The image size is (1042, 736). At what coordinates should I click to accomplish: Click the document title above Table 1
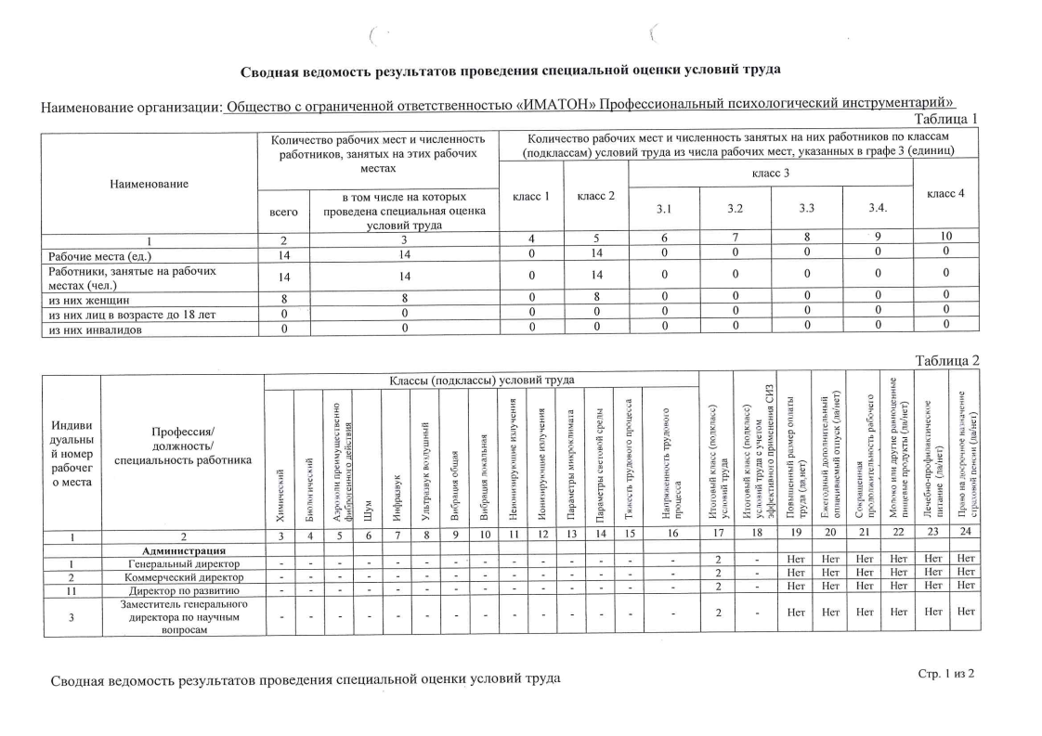point(510,71)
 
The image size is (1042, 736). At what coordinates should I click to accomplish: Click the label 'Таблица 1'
point(946,119)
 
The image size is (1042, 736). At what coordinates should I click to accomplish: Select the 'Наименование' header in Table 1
point(149,184)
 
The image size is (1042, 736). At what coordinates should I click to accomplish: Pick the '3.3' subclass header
point(806,210)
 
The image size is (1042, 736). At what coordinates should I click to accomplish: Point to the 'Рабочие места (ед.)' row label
point(100,255)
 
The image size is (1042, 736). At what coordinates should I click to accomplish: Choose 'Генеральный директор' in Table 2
point(183,562)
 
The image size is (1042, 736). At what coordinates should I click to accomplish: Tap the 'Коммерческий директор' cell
point(183,576)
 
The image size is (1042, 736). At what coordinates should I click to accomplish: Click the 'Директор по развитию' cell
point(183,589)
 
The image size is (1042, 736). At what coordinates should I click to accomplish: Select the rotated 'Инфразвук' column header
point(397,486)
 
